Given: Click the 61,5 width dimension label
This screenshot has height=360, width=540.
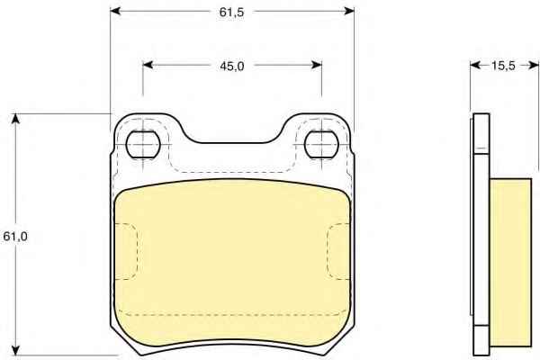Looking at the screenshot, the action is pos(231,13).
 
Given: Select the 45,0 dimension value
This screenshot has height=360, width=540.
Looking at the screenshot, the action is pos(232,66).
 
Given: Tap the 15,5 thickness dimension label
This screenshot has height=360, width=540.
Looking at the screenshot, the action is pos(503,66).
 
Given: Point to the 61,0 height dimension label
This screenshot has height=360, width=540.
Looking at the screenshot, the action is pos(15,237).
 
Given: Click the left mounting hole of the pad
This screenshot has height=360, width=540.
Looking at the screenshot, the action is pos(143,145).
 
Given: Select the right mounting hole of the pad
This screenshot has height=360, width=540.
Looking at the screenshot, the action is pos(321,145).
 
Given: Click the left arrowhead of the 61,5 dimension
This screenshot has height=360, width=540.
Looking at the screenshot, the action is pos(115,12).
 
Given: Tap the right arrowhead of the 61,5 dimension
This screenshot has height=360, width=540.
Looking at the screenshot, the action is pos(349,12).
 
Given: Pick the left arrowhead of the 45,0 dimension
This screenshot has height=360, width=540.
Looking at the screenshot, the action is pos(148,65).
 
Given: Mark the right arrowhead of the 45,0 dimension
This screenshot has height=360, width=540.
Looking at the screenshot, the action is pos(317,65).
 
